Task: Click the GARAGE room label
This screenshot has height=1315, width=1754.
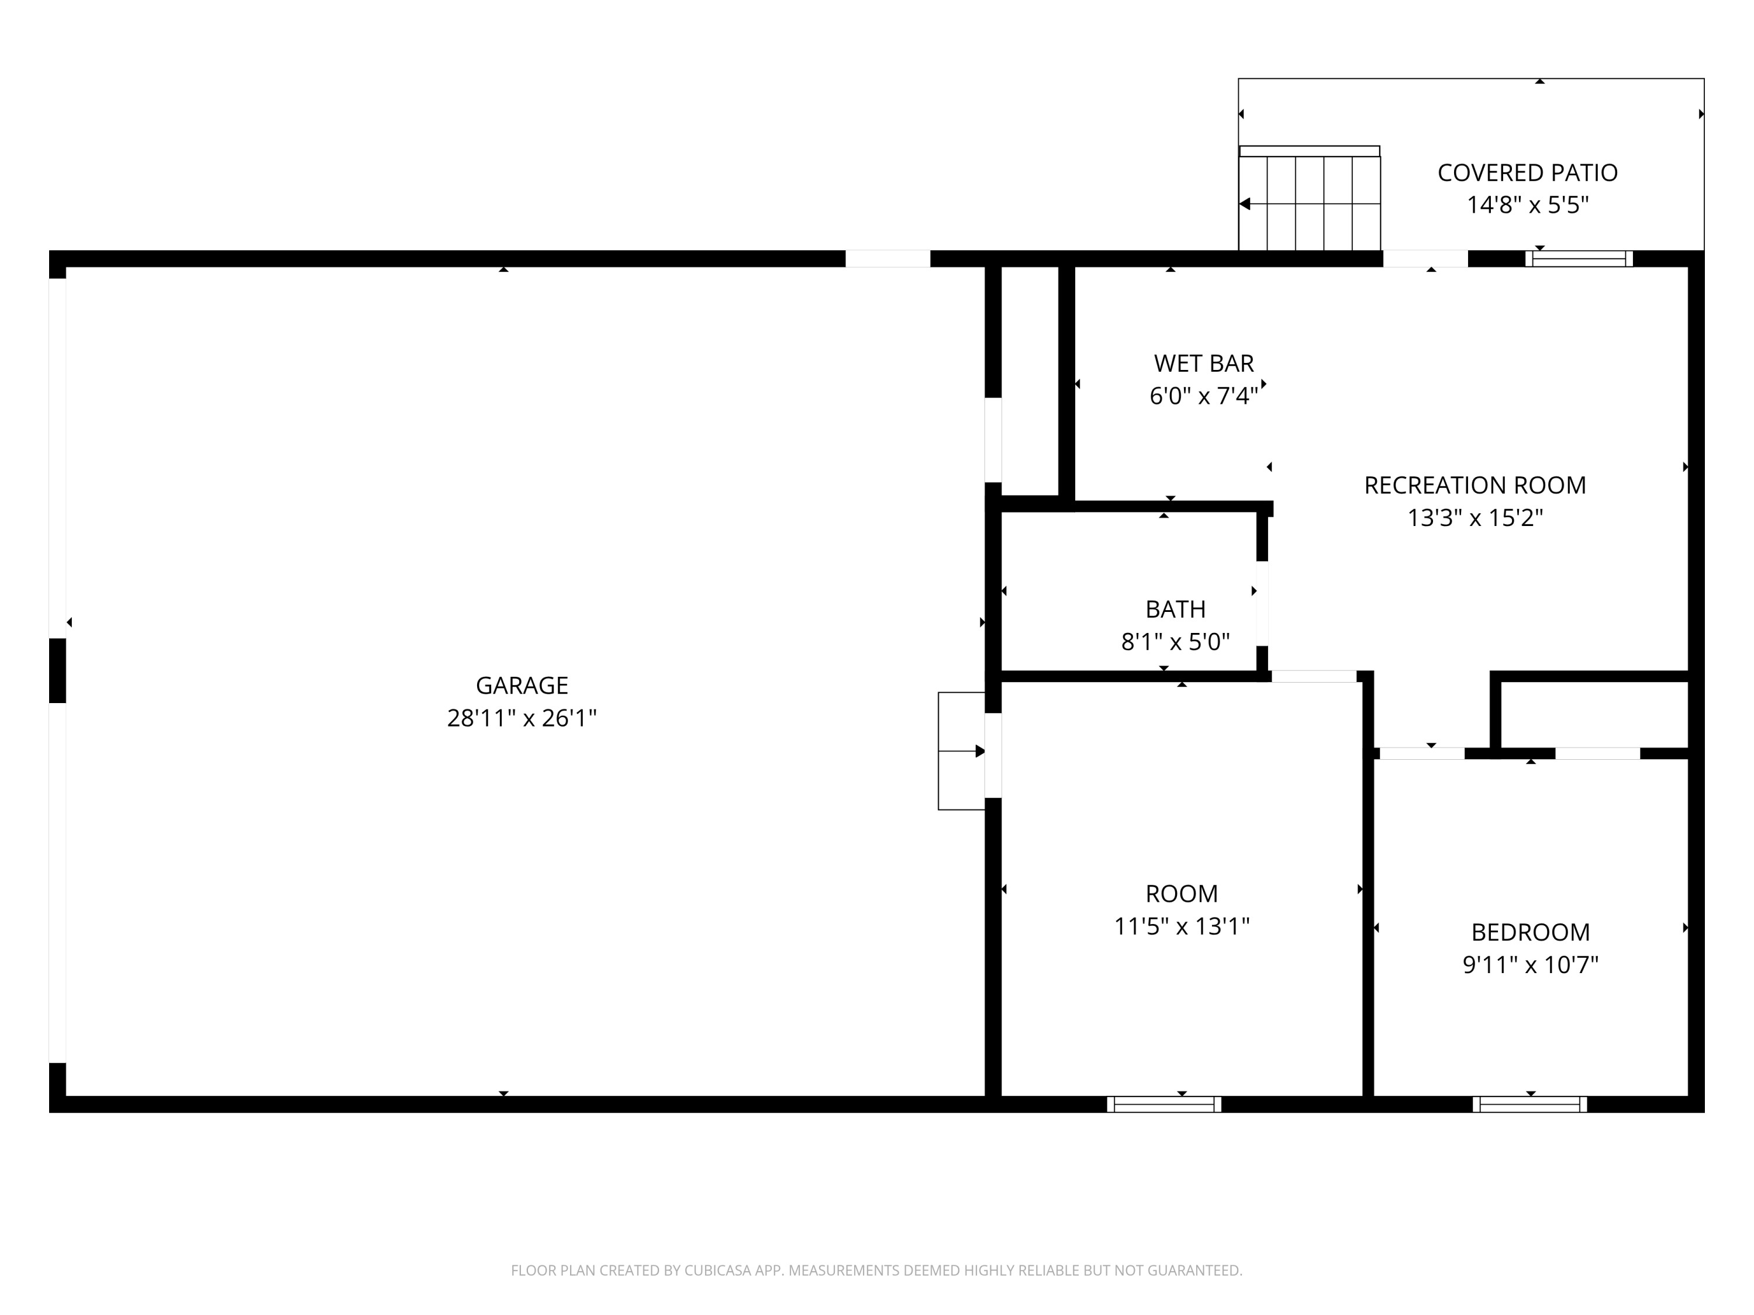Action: [x=522, y=686]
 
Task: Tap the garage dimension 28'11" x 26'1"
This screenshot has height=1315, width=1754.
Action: [x=522, y=718]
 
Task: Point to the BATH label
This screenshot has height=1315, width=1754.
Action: [x=1175, y=609]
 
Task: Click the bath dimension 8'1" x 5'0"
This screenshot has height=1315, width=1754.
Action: [x=1175, y=641]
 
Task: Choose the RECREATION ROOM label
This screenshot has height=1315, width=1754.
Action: [x=1474, y=485]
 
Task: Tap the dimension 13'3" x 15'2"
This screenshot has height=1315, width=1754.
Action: [x=1474, y=518]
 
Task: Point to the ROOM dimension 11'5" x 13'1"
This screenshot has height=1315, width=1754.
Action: [x=1182, y=926]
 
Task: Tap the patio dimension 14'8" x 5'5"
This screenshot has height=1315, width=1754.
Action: [x=1527, y=205]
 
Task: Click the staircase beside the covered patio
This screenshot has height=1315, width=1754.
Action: [x=1309, y=203]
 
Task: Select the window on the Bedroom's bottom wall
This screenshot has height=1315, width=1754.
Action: [x=1529, y=1104]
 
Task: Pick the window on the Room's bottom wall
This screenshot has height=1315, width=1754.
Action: [x=1163, y=1104]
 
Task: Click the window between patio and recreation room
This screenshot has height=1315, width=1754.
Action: [x=1578, y=258]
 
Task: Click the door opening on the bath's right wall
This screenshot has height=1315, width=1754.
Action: [x=1262, y=603]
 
